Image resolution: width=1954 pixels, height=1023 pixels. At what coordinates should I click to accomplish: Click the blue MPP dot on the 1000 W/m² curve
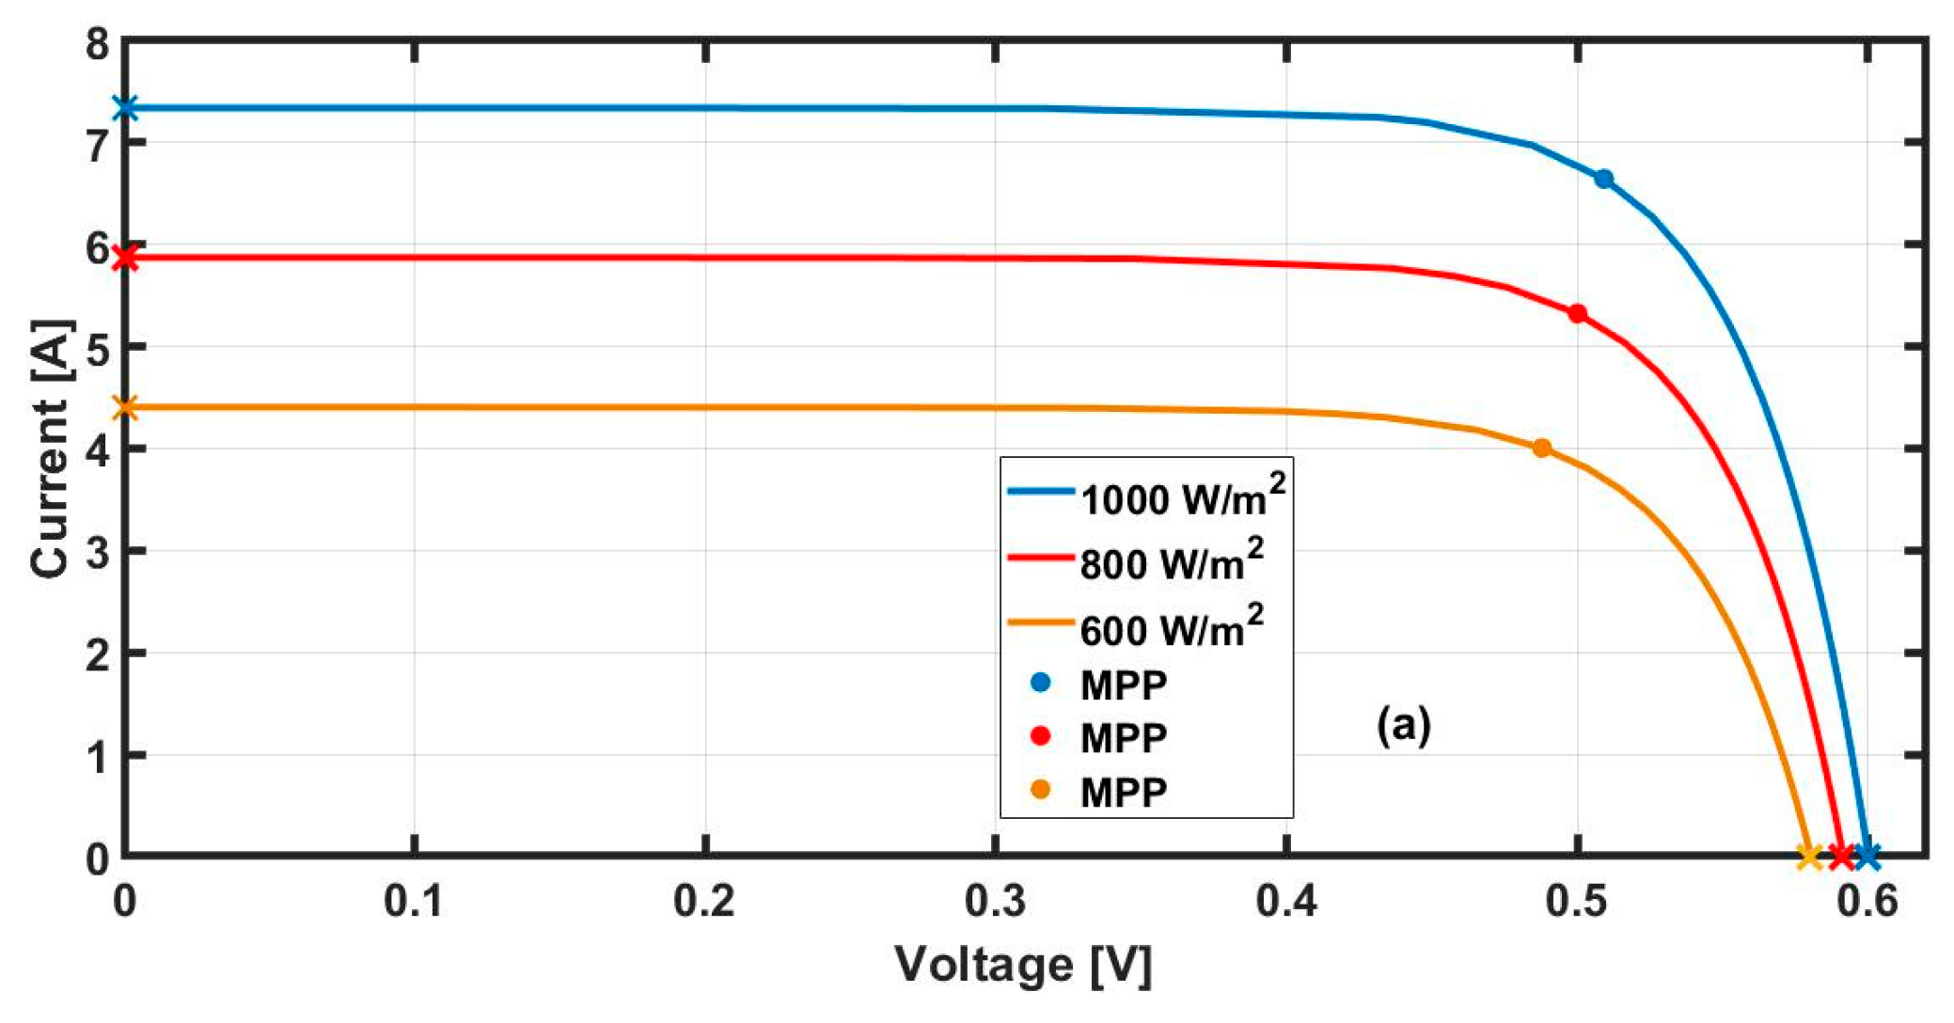pos(1604,179)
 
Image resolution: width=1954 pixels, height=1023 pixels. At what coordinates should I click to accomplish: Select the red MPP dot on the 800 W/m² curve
pos(1578,313)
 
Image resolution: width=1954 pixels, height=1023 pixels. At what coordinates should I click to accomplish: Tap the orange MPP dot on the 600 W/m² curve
pos(1542,448)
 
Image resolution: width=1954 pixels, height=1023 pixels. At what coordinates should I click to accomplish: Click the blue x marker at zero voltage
pos(125,108)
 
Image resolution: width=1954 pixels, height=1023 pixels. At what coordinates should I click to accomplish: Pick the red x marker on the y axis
pos(125,258)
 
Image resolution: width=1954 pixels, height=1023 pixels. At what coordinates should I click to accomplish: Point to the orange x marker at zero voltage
pos(125,408)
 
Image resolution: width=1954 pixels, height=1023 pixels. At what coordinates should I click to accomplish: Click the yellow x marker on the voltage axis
pos(1809,856)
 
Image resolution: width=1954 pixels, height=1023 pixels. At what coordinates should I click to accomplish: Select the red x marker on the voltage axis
pos(1841,856)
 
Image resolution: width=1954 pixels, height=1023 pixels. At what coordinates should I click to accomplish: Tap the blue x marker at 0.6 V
pos(1868,856)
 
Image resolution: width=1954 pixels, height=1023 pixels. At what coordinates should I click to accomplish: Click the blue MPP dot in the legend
pos(1040,683)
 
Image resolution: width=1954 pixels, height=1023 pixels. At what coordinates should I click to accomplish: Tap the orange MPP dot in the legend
pos(1040,790)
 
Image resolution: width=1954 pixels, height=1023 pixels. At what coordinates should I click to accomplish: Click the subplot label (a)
pos(1404,725)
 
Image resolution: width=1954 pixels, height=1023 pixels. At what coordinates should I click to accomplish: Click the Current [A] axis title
pos(51,449)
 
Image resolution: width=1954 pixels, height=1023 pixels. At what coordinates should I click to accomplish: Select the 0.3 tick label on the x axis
pos(995,901)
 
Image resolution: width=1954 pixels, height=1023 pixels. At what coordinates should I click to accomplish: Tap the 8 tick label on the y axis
pos(97,43)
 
